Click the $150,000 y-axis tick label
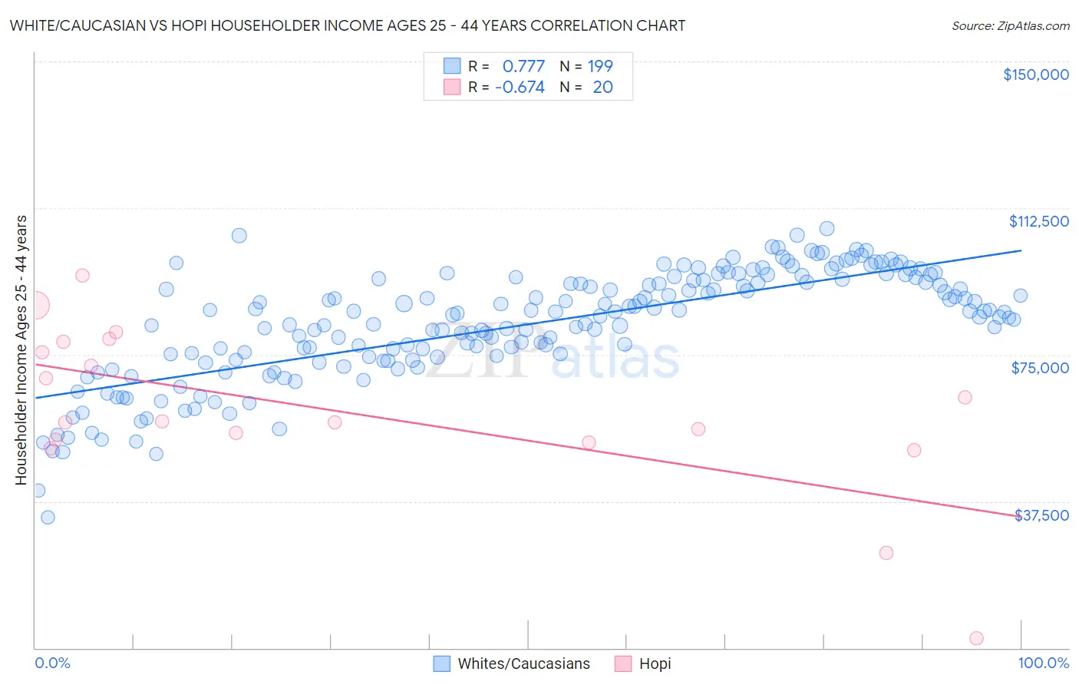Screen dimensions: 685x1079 (x=1035, y=74)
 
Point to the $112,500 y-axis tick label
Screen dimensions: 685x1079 (x=1038, y=221)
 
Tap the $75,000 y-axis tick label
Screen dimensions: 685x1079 (x=1040, y=368)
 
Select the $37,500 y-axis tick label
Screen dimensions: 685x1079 (x=1041, y=515)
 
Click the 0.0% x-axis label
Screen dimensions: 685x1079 (x=52, y=663)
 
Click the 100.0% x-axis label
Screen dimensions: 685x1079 (x=1043, y=663)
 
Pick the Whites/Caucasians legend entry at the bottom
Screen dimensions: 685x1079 (x=512, y=663)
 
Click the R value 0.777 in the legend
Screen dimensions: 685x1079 (x=523, y=66)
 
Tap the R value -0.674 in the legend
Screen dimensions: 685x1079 (x=520, y=87)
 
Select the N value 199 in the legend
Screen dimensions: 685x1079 (x=600, y=66)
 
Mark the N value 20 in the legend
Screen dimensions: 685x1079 (x=602, y=87)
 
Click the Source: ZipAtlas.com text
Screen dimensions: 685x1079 (x=1010, y=25)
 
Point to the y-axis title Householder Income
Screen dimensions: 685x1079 (x=21, y=349)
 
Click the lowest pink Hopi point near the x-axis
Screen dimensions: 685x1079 (x=976, y=638)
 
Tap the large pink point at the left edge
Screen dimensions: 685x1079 (x=35, y=305)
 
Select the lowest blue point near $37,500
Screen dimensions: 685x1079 (x=48, y=517)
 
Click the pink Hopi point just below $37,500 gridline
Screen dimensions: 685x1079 (x=886, y=553)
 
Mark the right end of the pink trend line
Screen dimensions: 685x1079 (x=1021, y=516)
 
